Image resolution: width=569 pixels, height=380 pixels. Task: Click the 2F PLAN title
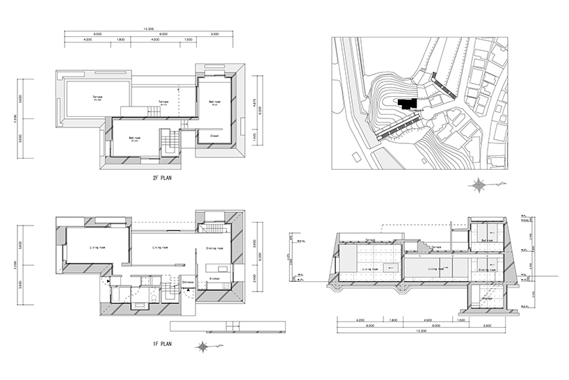163,179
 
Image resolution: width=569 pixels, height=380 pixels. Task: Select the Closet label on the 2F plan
214,136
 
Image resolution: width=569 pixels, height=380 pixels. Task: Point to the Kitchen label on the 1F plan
216,278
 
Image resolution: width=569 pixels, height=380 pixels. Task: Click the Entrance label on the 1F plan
187,281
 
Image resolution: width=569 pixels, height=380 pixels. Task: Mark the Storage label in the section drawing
487,299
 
